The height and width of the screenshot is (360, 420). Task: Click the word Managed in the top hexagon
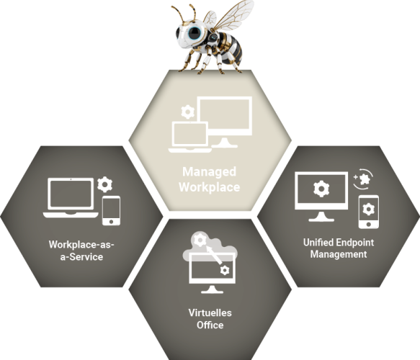(209, 172)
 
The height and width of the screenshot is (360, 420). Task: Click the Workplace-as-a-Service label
(81, 251)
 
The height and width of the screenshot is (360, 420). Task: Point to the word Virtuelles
(209, 313)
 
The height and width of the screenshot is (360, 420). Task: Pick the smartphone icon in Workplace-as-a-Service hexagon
(111, 210)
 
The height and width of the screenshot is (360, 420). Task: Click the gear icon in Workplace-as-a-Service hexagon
(105, 183)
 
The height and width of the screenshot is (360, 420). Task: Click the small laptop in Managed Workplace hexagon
(189, 137)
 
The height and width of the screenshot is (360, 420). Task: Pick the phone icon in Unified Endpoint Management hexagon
(369, 211)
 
